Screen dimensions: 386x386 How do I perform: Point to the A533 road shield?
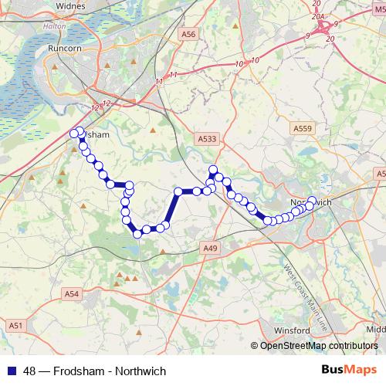[x=207, y=138]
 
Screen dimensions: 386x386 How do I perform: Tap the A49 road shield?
[x=212, y=248]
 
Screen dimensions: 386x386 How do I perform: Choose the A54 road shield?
[x=72, y=293]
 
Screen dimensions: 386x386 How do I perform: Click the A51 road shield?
[x=15, y=327]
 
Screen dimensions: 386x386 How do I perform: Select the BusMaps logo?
[x=350, y=370]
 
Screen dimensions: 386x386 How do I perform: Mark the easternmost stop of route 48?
[x=312, y=201]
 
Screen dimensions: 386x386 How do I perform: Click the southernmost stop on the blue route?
[x=137, y=233]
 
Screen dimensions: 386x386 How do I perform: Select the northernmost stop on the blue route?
[x=80, y=130]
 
